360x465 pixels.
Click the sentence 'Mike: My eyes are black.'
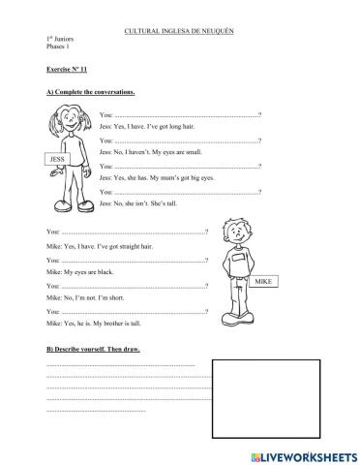(x=83, y=274)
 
